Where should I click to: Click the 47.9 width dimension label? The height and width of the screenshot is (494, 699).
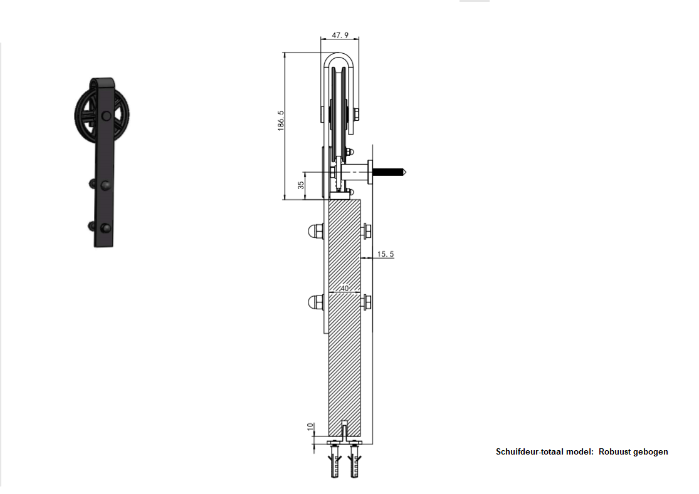[x=340, y=35]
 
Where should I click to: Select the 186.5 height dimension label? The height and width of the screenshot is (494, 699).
[x=280, y=121]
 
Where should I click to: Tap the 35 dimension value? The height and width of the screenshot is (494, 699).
[x=301, y=185]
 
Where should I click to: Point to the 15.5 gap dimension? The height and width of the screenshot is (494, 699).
[x=386, y=254]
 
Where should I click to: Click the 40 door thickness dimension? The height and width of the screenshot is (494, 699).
[x=344, y=289]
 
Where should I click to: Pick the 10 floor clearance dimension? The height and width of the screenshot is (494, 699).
[x=311, y=427]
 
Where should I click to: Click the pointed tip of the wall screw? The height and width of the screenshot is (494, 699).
[x=405, y=172]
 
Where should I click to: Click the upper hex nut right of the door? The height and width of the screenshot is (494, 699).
[x=366, y=231]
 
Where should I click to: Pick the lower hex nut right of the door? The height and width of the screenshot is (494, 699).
[x=366, y=302]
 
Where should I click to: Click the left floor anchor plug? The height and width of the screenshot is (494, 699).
[x=335, y=461]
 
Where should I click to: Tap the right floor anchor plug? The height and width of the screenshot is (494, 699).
[x=354, y=461]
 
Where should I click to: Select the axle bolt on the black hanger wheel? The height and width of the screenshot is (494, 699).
[x=106, y=116]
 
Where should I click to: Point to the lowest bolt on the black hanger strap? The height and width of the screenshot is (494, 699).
[x=105, y=229]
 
